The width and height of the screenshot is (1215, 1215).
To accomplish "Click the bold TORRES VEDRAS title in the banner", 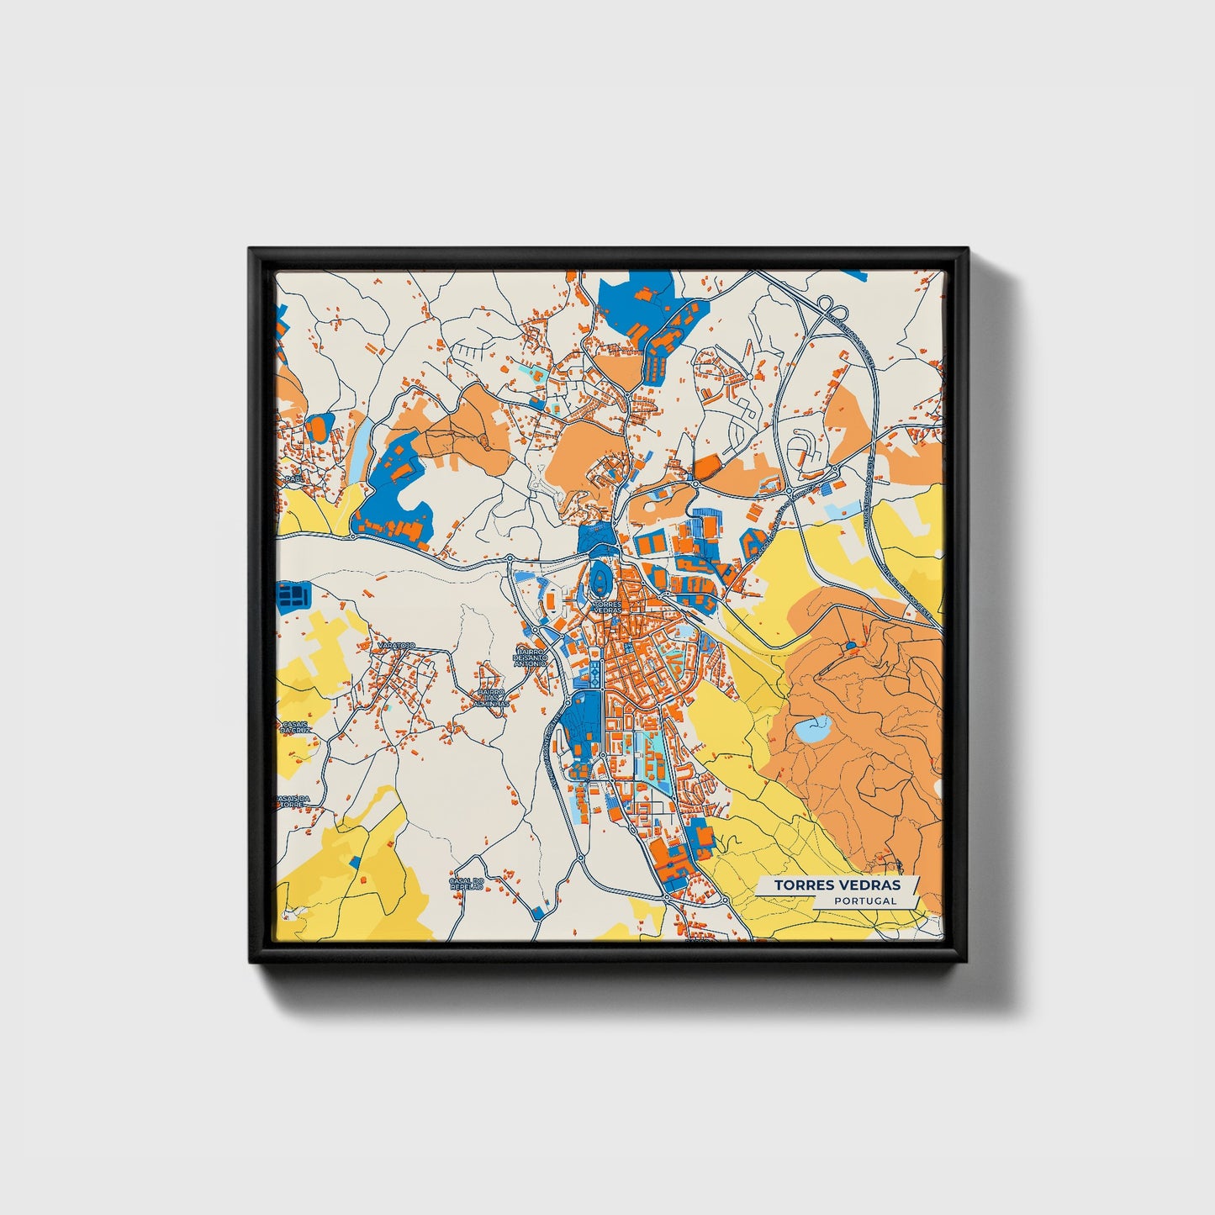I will (x=837, y=885).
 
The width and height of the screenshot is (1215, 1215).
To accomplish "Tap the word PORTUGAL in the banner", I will (x=865, y=901).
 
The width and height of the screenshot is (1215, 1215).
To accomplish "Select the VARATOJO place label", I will (x=397, y=645).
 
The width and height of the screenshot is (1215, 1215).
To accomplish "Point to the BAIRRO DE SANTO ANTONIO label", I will (x=531, y=657).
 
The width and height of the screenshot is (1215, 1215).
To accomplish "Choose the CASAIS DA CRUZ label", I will (x=295, y=727).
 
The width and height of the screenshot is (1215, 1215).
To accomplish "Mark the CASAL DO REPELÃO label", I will (x=467, y=884).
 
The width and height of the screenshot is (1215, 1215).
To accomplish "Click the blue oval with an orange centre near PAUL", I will (x=320, y=429).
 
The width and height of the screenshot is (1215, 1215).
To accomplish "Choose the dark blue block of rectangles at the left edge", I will (x=293, y=595).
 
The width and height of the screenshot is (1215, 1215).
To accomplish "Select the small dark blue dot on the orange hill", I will (x=849, y=646).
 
